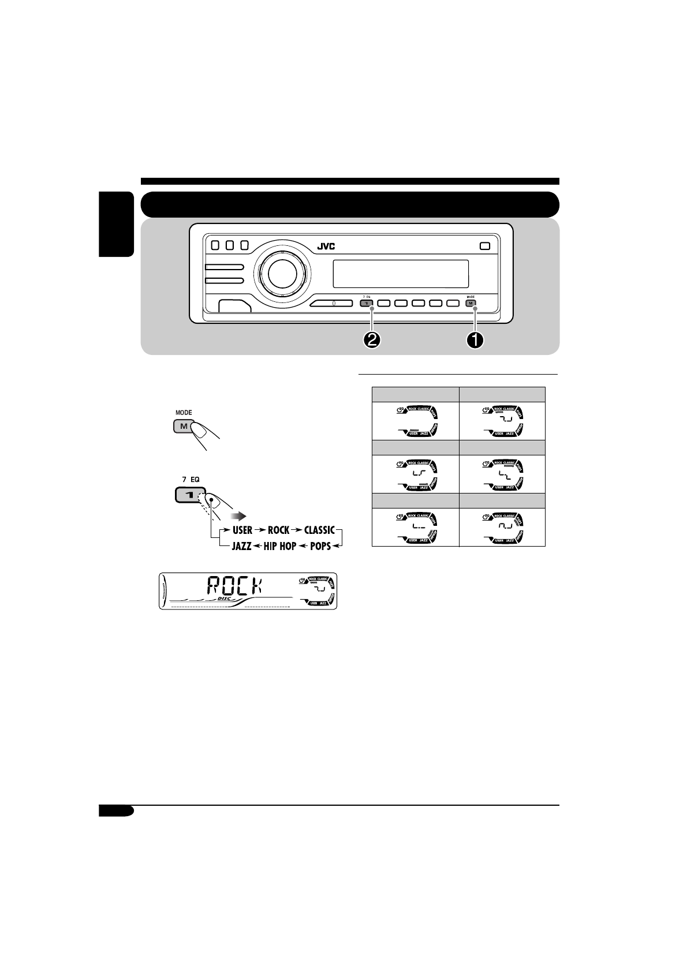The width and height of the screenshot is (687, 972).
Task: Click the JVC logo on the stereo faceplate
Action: (326, 247)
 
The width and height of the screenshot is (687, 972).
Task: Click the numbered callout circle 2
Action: (372, 341)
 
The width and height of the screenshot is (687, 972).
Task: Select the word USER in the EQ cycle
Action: (242, 530)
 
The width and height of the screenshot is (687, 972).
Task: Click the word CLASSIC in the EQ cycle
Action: (319, 530)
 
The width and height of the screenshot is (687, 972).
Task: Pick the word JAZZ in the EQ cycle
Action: (241, 546)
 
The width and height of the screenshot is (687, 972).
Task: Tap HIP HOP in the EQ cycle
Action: (279, 546)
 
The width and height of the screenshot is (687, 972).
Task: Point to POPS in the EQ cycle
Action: (320, 546)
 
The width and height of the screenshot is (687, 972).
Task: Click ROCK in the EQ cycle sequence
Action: (278, 530)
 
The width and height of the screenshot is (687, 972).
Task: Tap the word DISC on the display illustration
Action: (224, 599)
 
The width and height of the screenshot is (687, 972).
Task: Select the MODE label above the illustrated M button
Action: (183, 413)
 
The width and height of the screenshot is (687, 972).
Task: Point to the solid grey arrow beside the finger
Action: (238, 515)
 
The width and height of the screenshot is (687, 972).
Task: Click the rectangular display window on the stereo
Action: (400, 274)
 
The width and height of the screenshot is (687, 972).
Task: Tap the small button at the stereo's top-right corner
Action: (484, 245)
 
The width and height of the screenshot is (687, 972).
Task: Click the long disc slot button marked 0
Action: (333, 303)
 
